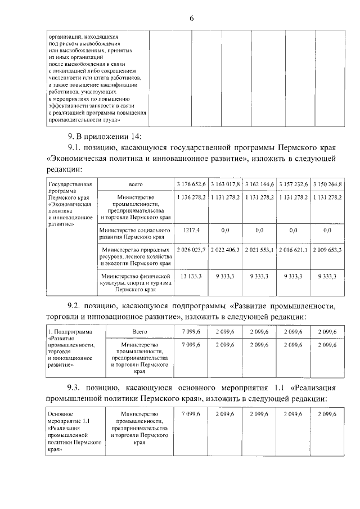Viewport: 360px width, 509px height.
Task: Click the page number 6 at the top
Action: [191, 19]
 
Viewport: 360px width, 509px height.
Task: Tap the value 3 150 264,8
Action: [327, 184]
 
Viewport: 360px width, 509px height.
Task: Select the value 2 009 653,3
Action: [327, 249]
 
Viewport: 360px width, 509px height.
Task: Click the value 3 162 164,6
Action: [259, 184]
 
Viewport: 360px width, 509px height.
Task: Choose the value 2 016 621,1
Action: [293, 249]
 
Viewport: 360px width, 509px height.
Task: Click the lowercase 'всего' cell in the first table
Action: [135, 184]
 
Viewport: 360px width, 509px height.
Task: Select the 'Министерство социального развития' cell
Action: [135, 233]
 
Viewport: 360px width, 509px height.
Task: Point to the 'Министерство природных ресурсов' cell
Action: [135, 255]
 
